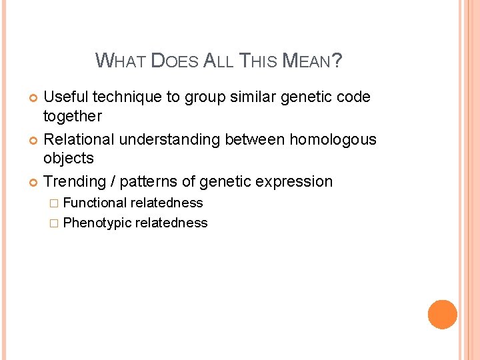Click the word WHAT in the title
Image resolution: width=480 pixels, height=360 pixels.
[x=121, y=61]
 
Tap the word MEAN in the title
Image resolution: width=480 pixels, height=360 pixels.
[x=306, y=61]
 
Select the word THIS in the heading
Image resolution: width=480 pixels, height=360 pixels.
[x=257, y=61]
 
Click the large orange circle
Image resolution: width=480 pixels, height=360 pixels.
[x=442, y=314]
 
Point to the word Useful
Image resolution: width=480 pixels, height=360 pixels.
[x=66, y=97]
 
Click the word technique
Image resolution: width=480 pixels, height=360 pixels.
[x=127, y=97]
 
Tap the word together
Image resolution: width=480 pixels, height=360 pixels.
[x=72, y=116]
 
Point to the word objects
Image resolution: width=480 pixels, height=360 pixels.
[x=68, y=159]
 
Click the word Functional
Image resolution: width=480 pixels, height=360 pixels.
[x=95, y=203]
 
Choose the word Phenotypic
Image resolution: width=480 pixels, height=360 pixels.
[x=97, y=223]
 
